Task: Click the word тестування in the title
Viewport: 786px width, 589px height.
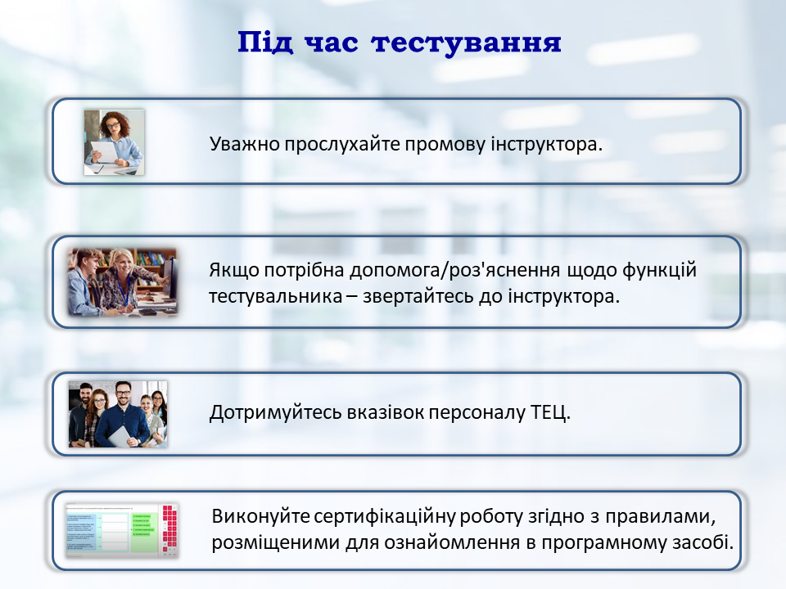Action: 466,43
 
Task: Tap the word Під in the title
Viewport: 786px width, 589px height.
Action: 265,42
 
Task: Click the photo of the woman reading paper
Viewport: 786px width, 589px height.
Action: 115,142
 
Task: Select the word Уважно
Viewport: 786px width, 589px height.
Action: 245,144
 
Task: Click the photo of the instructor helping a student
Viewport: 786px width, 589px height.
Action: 122,282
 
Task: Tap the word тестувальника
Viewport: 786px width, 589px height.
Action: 276,296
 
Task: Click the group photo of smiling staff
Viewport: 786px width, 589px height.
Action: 118,414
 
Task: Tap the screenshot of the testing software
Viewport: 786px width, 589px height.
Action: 122,530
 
